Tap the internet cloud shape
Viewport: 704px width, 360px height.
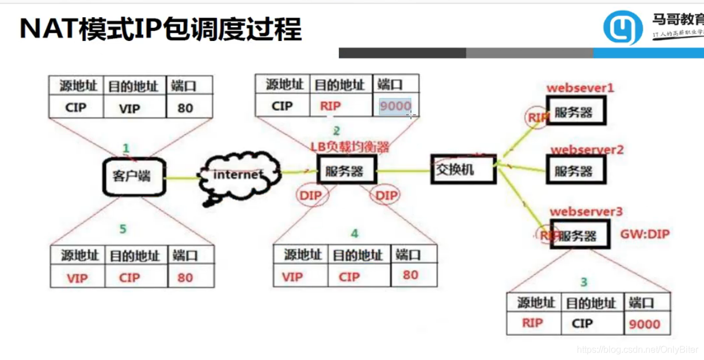[238, 176]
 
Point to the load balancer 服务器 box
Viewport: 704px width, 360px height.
[347, 172]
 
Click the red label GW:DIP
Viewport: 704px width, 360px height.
[645, 234]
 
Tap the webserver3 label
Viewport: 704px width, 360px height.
[586, 212]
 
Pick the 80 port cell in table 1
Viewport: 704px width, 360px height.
[185, 108]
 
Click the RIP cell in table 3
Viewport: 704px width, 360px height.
[532, 323]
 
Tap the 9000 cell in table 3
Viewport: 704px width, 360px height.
[644, 324]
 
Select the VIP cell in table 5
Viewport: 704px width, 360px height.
[77, 278]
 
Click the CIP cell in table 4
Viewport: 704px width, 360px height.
[349, 276]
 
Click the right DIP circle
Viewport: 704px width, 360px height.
[386, 196]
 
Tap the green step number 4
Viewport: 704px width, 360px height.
[355, 233]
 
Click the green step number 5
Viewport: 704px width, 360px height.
[123, 229]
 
